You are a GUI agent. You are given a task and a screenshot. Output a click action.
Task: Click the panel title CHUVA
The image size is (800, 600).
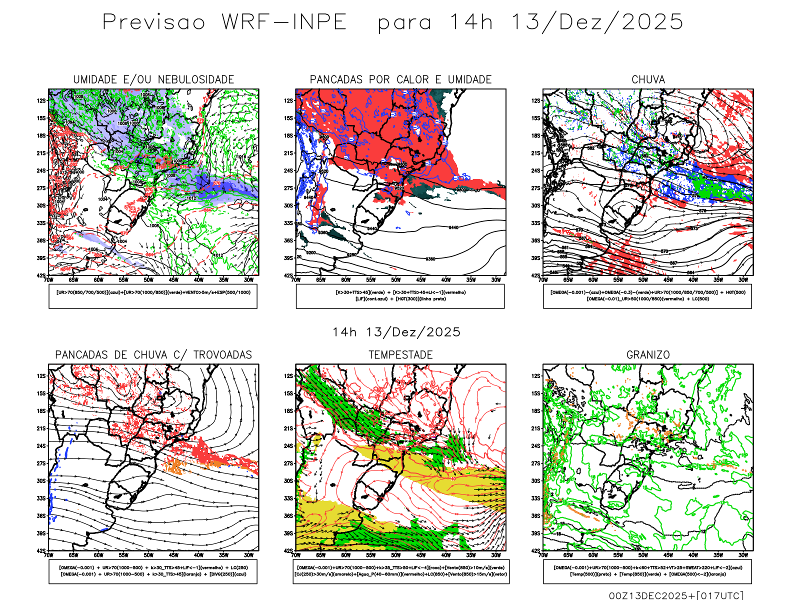coord(648,79)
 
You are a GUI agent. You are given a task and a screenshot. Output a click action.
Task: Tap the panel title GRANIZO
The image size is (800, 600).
coord(648,355)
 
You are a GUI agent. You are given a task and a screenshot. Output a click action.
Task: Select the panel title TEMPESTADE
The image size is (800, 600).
coord(400,355)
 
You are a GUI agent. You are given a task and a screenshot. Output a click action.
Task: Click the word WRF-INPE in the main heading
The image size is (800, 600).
coord(284,22)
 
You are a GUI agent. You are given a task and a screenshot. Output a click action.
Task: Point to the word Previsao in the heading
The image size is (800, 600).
coord(154,22)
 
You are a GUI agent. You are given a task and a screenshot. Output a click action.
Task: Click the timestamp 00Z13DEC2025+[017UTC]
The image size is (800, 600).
coord(676,595)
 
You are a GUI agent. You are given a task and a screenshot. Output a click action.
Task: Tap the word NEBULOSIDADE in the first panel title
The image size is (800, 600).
coord(196,79)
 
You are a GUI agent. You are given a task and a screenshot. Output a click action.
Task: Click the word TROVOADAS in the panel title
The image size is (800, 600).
coord(222,355)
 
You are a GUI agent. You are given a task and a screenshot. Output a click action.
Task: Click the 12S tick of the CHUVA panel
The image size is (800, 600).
coord(536,100)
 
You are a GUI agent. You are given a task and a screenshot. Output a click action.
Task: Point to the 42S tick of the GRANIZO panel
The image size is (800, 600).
coord(536,551)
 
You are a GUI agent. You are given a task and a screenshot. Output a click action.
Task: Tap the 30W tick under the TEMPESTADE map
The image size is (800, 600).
coord(495,555)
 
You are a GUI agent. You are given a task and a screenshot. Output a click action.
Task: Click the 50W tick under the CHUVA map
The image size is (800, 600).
coord(643,280)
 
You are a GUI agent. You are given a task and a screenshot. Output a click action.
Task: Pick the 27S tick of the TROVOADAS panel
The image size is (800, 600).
coord(41,463)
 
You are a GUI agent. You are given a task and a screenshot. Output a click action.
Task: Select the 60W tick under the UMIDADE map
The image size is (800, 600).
coord(98,280)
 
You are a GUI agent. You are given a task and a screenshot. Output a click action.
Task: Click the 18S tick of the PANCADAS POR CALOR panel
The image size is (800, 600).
coord(288,135)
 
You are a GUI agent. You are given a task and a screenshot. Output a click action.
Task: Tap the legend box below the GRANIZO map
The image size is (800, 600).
coord(647,571)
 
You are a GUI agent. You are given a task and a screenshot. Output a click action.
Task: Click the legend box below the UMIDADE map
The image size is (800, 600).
coord(153,296)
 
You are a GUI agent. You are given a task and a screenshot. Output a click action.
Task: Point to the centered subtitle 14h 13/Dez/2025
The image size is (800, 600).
coord(396,332)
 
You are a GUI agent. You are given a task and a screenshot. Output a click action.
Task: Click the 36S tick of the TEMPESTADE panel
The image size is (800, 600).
coord(288,516)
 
